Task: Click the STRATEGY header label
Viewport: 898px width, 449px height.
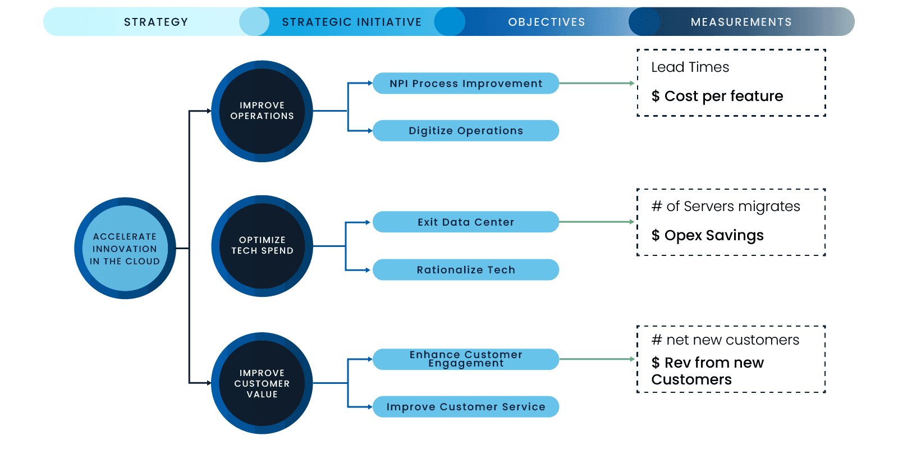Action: click(x=156, y=22)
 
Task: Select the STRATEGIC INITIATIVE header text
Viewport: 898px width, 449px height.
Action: click(x=352, y=22)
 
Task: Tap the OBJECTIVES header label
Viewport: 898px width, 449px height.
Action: click(x=547, y=22)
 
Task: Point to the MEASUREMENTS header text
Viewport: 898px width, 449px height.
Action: click(x=741, y=22)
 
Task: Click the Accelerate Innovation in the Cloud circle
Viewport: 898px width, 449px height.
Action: click(x=125, y=248)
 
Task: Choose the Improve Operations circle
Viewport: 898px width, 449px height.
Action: click(x=262, y=111)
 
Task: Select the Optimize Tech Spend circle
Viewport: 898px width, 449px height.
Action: click(x=262, y=246)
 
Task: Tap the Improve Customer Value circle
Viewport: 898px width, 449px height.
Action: click(x=262, y=383)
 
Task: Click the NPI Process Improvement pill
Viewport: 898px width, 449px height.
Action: click(x=466, y=84)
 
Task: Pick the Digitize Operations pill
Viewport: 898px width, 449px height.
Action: click(x=466, y=131)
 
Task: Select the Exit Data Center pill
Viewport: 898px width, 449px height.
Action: click(x=466, y=222)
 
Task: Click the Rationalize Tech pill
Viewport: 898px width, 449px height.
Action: click(x=466, y=270)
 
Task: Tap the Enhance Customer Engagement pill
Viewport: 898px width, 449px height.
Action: click(x=466, y=359)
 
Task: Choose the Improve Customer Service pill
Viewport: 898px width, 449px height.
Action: click(x=466, y=407)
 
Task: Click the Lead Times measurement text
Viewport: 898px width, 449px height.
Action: click(x=690, y=67)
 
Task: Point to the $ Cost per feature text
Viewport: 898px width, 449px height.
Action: click(x=717, y=96)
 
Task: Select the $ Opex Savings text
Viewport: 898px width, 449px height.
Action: click(x=707, y=235)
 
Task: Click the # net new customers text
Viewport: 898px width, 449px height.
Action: click(x=725, y=340)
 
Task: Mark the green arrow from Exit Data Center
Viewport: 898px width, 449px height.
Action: click(x=596, y=222)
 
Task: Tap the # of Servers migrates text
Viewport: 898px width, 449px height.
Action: click(x=726, y=207)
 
